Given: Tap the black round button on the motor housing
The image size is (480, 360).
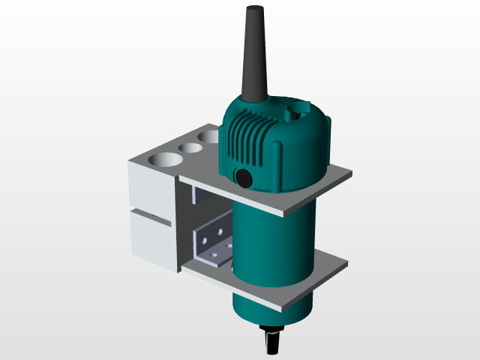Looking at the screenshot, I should pos(243,177).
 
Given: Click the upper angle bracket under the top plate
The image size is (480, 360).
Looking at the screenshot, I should pos(204,196).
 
